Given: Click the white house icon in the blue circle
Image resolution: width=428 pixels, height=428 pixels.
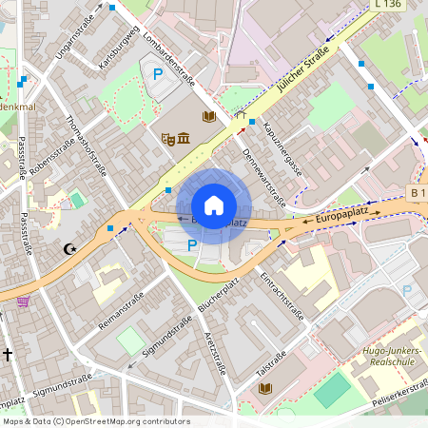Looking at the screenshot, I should (214, 205).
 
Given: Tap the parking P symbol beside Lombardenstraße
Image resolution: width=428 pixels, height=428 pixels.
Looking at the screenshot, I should (158, 73).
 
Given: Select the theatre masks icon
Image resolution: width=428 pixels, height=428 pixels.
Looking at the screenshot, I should (168, 139).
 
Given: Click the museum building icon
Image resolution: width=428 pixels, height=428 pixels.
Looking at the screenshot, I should (182, 140).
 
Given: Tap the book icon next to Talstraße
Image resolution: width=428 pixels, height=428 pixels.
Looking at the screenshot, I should (264, 388).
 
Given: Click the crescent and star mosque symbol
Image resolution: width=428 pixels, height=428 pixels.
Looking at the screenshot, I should (68, 249).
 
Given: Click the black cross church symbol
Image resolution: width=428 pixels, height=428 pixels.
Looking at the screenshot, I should (8, 355).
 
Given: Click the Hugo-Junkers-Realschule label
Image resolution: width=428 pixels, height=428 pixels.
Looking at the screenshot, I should (384, 357).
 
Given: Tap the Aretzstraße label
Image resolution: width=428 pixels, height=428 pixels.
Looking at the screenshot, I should (215, 353).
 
